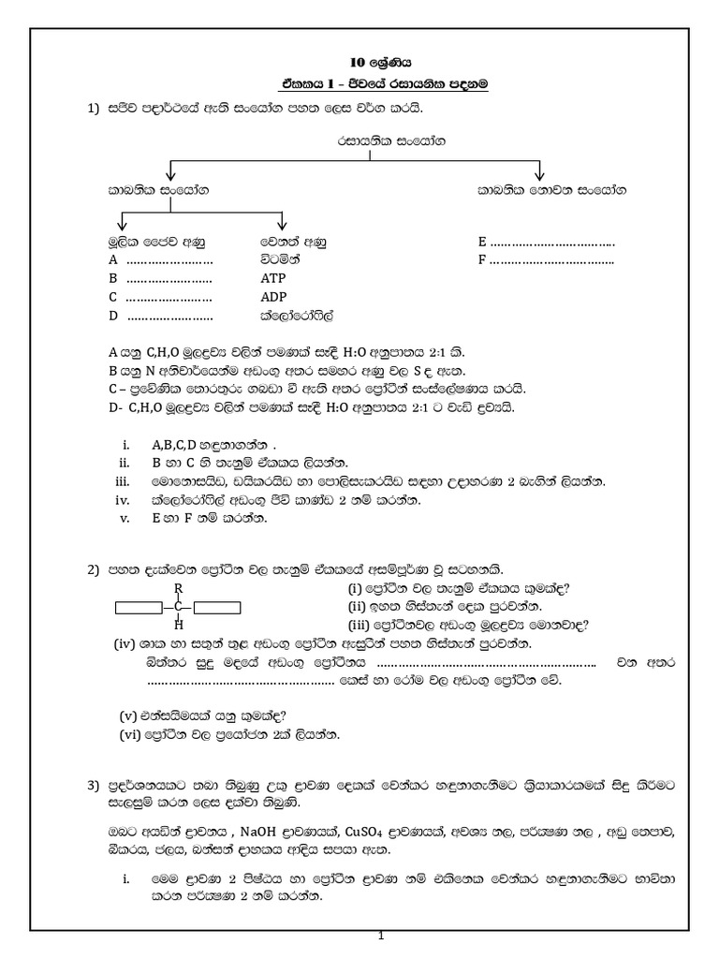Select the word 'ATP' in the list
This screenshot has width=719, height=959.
pos(273,279)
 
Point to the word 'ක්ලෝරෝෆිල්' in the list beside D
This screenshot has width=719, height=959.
pos(297,317)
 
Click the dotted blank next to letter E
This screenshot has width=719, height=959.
pos(553,242)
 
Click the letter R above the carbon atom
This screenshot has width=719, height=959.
pos(177,588)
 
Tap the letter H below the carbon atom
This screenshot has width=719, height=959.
pos(178,625)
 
